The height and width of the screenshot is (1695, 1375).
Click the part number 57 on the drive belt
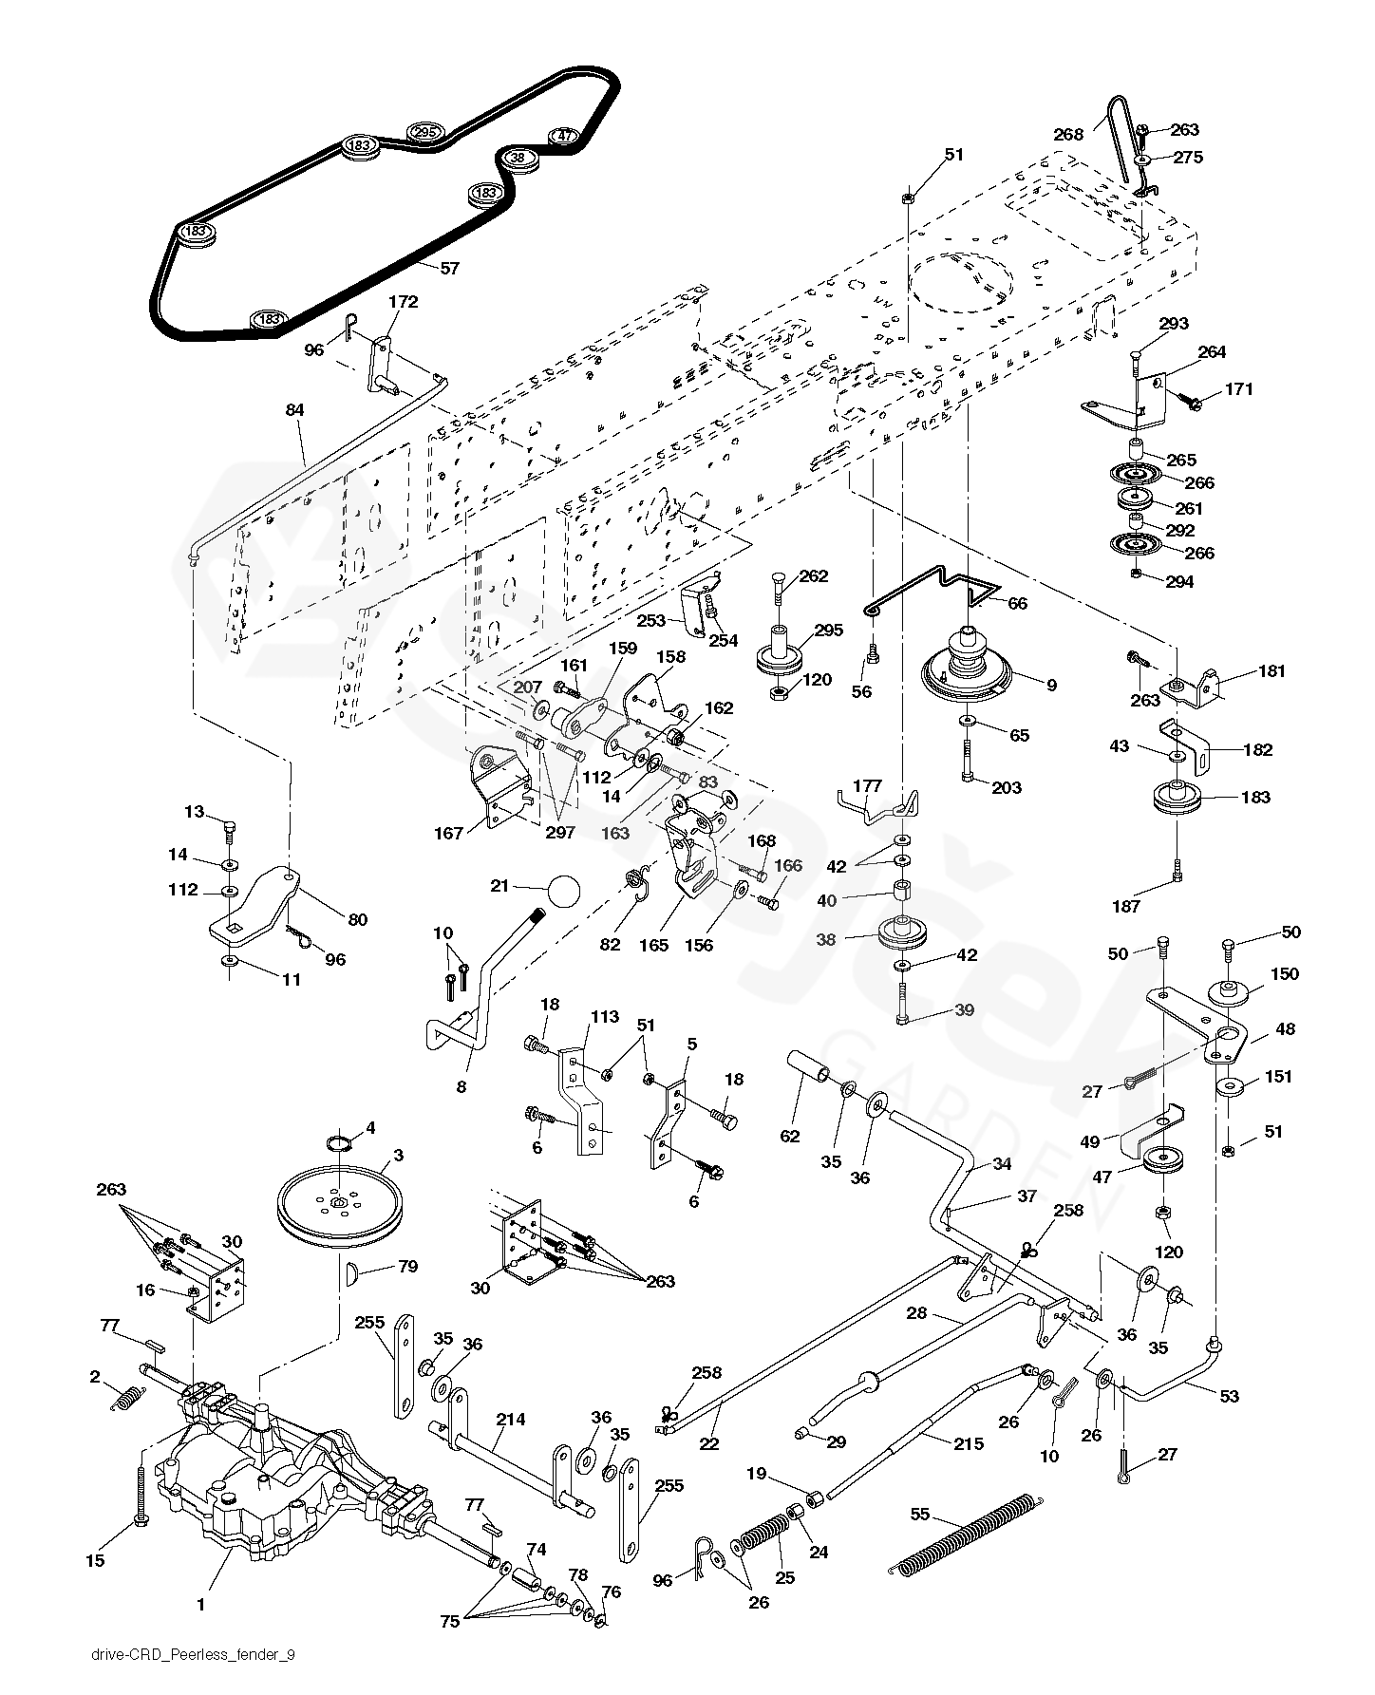[449, 269]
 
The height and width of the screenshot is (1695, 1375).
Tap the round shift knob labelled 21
[563, 893]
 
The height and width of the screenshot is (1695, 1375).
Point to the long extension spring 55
[964, 1535]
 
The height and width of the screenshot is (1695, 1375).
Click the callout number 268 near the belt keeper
[1068, 135]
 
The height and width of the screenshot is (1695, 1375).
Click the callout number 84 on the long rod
[294, 409]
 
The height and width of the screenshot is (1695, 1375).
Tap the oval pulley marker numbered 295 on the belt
[425, 133]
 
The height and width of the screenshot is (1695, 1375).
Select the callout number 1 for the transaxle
[200, 1605]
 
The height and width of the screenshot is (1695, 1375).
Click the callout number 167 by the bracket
[449, 833]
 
